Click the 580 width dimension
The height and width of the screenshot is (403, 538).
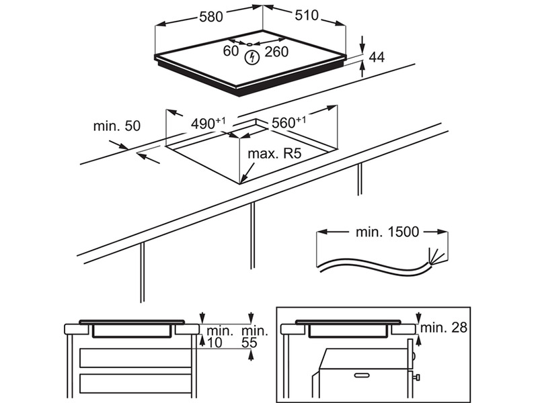pyautogui.click(x=210, y=17)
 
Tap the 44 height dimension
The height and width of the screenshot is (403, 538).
pyautogui.click(x=377, y=58)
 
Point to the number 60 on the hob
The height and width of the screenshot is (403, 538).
pyautogui.click(x=231, y=51)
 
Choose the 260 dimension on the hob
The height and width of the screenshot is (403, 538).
pyautogui.click(x=276, y=52)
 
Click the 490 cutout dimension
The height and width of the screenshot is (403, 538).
pyautogui.click(x=207, y=124)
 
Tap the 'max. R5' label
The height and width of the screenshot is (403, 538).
pyautogui.click(x=273, y=154)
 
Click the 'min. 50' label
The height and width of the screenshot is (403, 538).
pyautogui.click(x=117, y=126)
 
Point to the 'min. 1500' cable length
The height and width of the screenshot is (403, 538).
pyautogui.click(x=387, y=232)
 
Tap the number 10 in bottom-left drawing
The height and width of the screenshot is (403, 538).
pyautogui.click(x=215, y=343)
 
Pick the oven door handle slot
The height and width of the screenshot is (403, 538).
pyautogui.click(x=360, y=373)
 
